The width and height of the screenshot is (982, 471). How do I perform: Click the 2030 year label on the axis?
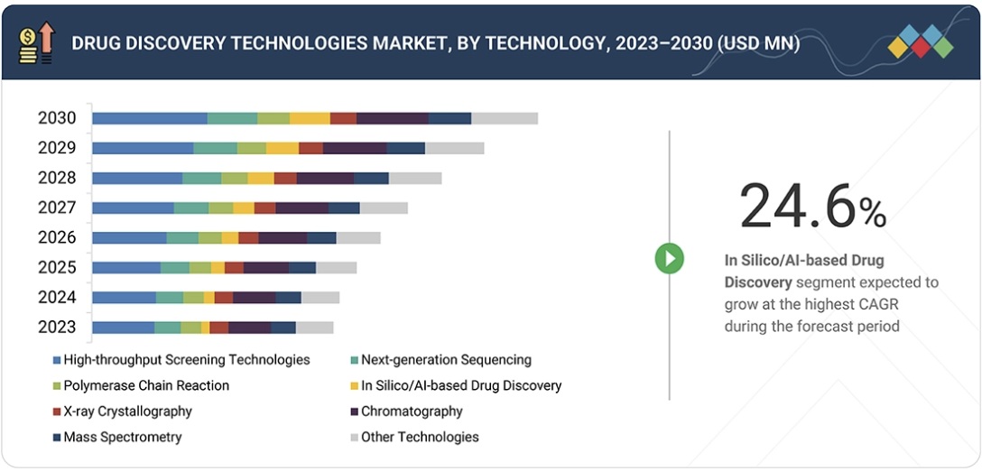pos(57,118)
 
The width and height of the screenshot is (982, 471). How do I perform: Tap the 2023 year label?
pos(57,327)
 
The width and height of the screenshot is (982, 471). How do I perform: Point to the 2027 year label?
pos(57,208)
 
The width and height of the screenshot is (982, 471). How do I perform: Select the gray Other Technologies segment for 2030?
pos(505,118)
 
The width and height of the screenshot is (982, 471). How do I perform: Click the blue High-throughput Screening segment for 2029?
pos(143,148)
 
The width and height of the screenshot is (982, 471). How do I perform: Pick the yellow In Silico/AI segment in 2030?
pos(310,118)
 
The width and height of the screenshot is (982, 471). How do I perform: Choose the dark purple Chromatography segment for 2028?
pos(325,178)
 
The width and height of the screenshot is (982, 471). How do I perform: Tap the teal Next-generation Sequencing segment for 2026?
pos(182,237)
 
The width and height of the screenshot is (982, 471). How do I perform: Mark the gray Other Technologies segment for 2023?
pos(314,327)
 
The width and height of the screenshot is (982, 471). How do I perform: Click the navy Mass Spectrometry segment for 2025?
pos(302,267)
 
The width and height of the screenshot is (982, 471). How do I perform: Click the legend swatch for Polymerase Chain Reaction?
pos(57,386)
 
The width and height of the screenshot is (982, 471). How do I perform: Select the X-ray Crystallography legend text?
pos(127,411)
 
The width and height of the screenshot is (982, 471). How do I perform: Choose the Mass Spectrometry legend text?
pos(122,437)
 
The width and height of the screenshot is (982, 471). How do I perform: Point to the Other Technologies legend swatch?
pos(355,438)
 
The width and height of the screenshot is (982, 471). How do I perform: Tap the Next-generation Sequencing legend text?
pos(446,360)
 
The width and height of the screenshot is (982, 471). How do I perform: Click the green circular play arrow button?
pos(669,258)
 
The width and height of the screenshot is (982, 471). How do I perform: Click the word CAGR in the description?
pos(867,304)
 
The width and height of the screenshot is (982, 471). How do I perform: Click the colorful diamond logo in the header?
pos(920,42)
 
